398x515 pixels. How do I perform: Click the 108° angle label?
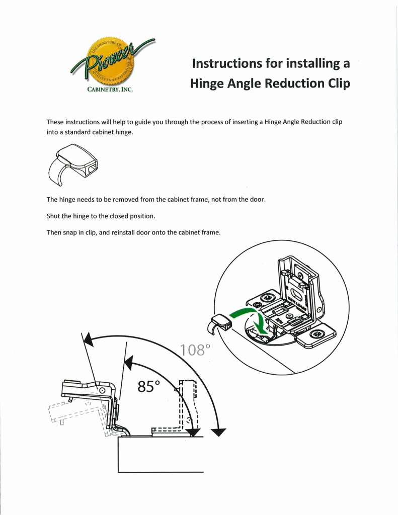tap(194, 350)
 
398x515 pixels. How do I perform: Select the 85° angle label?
tap(148, 387)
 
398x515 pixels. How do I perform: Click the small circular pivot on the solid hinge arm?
tap(103, 390)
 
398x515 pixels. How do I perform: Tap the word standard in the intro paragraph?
tap(88, 131)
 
